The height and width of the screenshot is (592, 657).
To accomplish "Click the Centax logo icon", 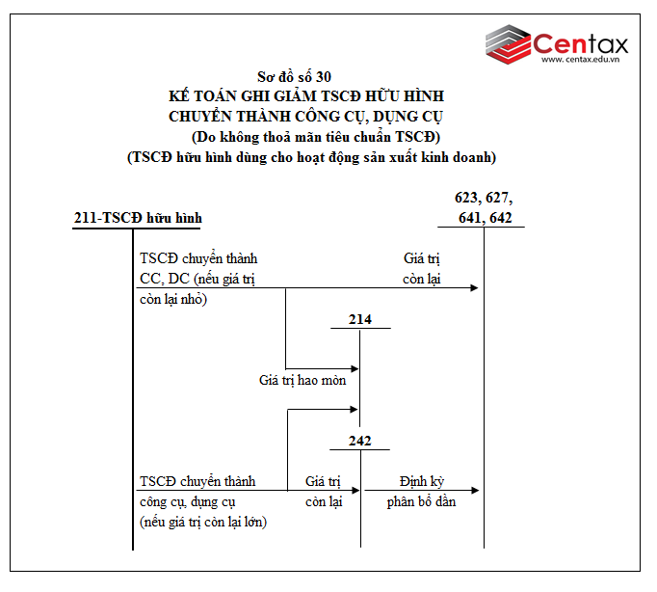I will point(507,45).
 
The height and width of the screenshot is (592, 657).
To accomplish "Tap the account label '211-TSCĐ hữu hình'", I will point(138,218).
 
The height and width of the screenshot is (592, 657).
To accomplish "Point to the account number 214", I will point(359,319).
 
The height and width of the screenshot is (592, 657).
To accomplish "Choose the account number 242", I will point(359,441).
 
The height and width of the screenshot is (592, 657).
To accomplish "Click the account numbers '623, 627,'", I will point(484,198).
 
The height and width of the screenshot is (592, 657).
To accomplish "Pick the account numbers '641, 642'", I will point(486,218).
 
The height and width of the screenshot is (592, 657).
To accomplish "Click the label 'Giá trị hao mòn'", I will point(302,380).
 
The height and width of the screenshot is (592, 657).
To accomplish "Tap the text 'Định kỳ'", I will point(422,480).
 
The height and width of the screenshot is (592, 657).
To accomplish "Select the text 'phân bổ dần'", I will point(421,501).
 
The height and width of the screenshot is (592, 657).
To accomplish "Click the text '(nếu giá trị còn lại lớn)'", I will point(203,522).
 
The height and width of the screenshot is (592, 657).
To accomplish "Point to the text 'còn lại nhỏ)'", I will point(173,299).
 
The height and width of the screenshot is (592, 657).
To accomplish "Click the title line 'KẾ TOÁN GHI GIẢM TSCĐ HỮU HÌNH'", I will point(305,96).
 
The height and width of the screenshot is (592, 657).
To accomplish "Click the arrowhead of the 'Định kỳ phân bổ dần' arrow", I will point(476,491).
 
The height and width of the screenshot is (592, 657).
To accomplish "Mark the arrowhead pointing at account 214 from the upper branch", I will point(355,368).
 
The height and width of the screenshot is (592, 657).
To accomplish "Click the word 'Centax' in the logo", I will point(581,42).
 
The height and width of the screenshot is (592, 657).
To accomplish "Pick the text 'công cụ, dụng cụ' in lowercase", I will point(187,501).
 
